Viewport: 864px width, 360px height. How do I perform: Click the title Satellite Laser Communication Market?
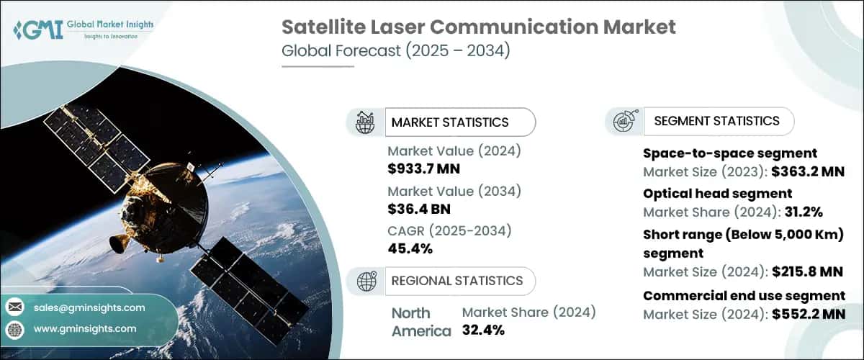pos(478,27)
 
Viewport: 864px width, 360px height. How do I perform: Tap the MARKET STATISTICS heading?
pos(449,122)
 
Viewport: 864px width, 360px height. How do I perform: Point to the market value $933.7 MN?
pos(424,169)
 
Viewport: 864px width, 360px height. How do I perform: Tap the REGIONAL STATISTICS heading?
pos(456,281)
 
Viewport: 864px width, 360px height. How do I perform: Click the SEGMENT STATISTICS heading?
pos(716,121)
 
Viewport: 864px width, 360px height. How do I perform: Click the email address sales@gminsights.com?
pos(87,307)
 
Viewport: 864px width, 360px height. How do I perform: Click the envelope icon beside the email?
pos(14,307)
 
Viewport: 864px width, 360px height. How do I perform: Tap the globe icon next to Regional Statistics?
pos(367,281)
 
